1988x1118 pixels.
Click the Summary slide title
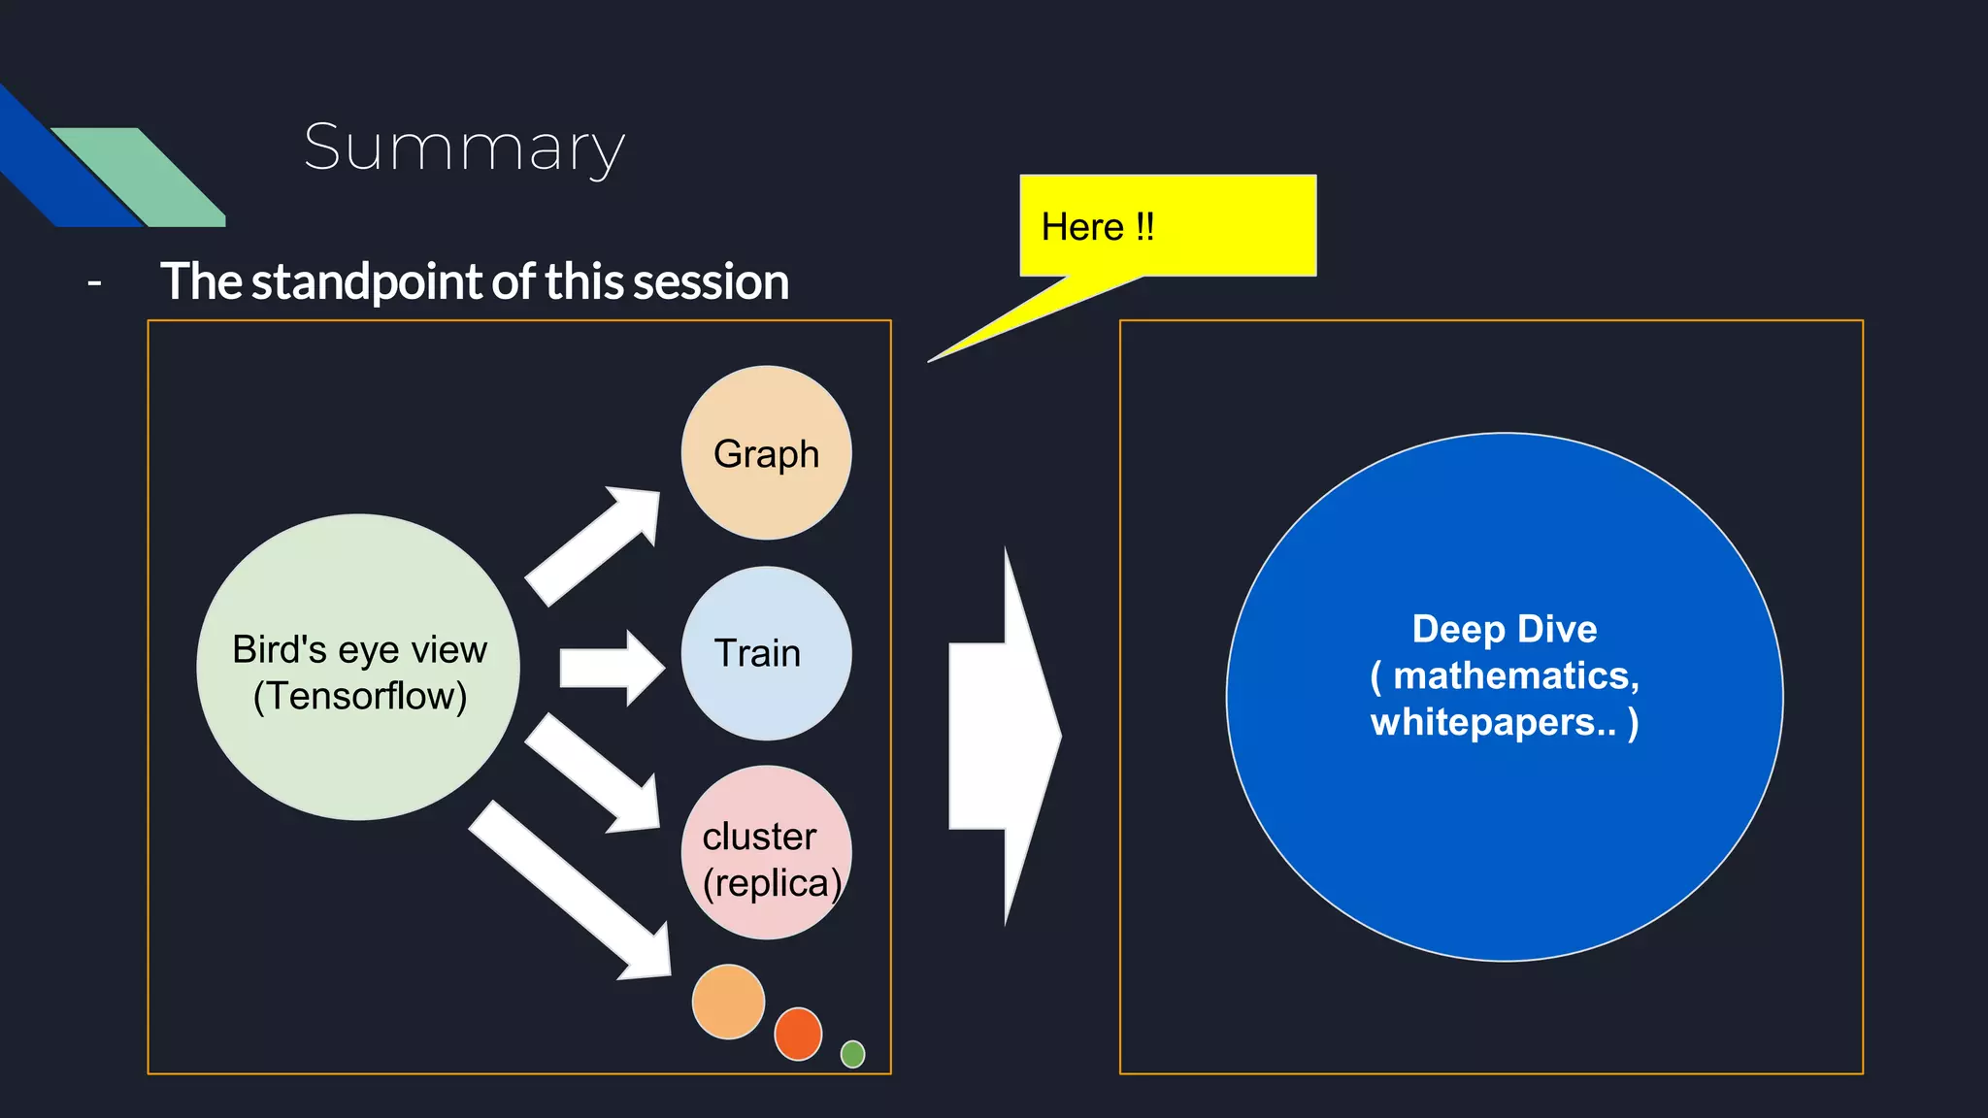(464, 148)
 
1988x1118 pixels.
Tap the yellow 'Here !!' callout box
(1168, 226)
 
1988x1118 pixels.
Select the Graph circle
(766, 453)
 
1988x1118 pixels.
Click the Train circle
(766, 653)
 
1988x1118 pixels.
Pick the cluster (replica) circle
(766, 853)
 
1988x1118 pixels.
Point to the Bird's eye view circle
(358, 668)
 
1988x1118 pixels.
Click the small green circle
(852, 1054)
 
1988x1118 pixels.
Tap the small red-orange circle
(798, 1034)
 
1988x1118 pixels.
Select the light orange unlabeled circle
(728, 1002)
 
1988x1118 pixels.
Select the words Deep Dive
(1504, 629)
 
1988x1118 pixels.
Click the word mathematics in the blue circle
(1514, 675)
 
